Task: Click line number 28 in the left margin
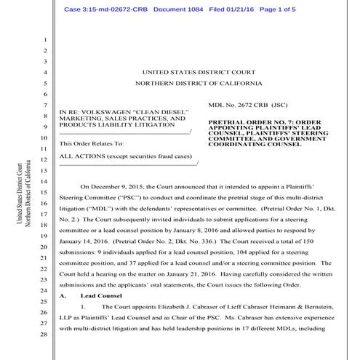click(x=44, y=334)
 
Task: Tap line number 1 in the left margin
click(x=44, y=39)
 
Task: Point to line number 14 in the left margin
click(x=44, y=180)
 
